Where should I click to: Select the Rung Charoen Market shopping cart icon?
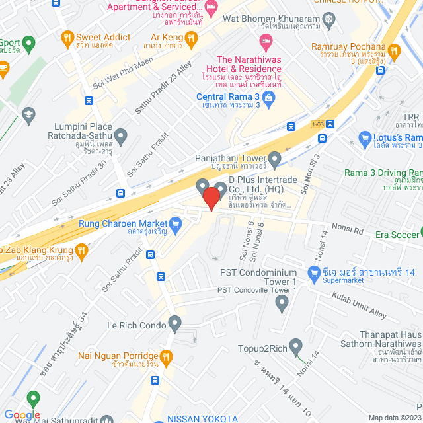pos(175,225)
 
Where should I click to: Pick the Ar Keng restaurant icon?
pos(190,38)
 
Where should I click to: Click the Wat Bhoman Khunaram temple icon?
pos(328,19)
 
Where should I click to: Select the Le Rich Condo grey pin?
pos(174,324)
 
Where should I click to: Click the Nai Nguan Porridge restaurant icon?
pos(167,358)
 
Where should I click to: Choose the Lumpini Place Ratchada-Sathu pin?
pos(120,137)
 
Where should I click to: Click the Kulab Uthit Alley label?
pos(360,305)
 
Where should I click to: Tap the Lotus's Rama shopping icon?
pos(364,137)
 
